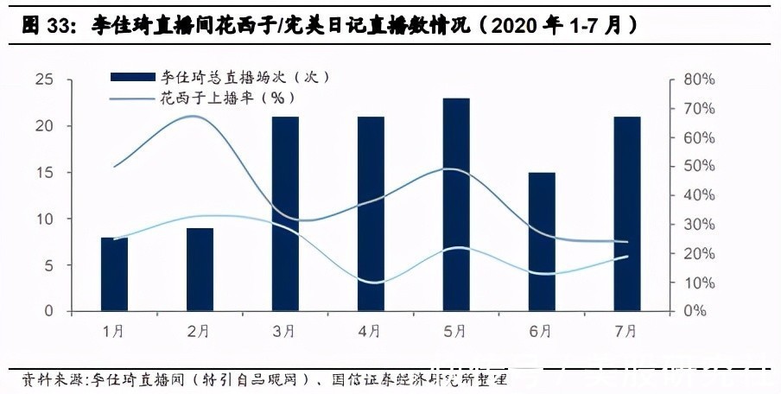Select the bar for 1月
pos(115,273)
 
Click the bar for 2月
pos(200,269)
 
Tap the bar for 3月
pos(286,213)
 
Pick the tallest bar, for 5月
pos(456,204)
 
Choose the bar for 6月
pos(542,241)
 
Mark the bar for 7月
pos(627,213)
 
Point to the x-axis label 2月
pos(199,330)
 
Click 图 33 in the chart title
pos(50,26)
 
